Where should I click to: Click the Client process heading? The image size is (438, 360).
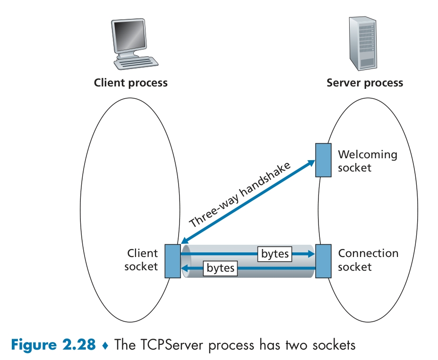(131, 83)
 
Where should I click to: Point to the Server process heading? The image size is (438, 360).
(365, 83)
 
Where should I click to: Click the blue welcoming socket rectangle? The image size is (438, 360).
(323, 161)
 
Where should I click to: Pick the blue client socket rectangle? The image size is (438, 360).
(172, 261)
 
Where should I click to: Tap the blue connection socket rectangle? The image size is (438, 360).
(323, 261)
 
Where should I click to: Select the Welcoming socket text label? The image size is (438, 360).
(368, 161)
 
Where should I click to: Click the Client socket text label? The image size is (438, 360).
(141, 260)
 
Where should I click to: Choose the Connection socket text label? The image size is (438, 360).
(368, 260)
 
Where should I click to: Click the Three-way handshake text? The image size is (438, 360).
(240, 194)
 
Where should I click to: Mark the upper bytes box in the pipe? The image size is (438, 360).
(275, 254)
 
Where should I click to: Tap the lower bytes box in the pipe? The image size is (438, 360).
(221, 268)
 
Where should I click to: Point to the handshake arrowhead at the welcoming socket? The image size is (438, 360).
(311, 163)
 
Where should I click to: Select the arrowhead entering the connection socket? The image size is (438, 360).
(311, 254)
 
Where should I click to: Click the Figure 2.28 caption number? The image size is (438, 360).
(52, 344)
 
